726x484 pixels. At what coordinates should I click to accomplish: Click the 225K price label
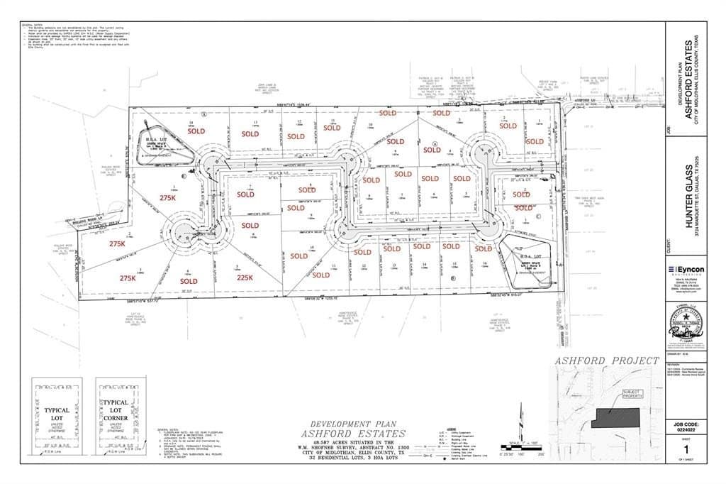[245, 277]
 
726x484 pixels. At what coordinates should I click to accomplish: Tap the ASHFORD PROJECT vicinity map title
[607, 361]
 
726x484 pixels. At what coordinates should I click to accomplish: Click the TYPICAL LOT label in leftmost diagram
[56, 414]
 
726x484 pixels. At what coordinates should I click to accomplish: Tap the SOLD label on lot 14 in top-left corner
[196, 131]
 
